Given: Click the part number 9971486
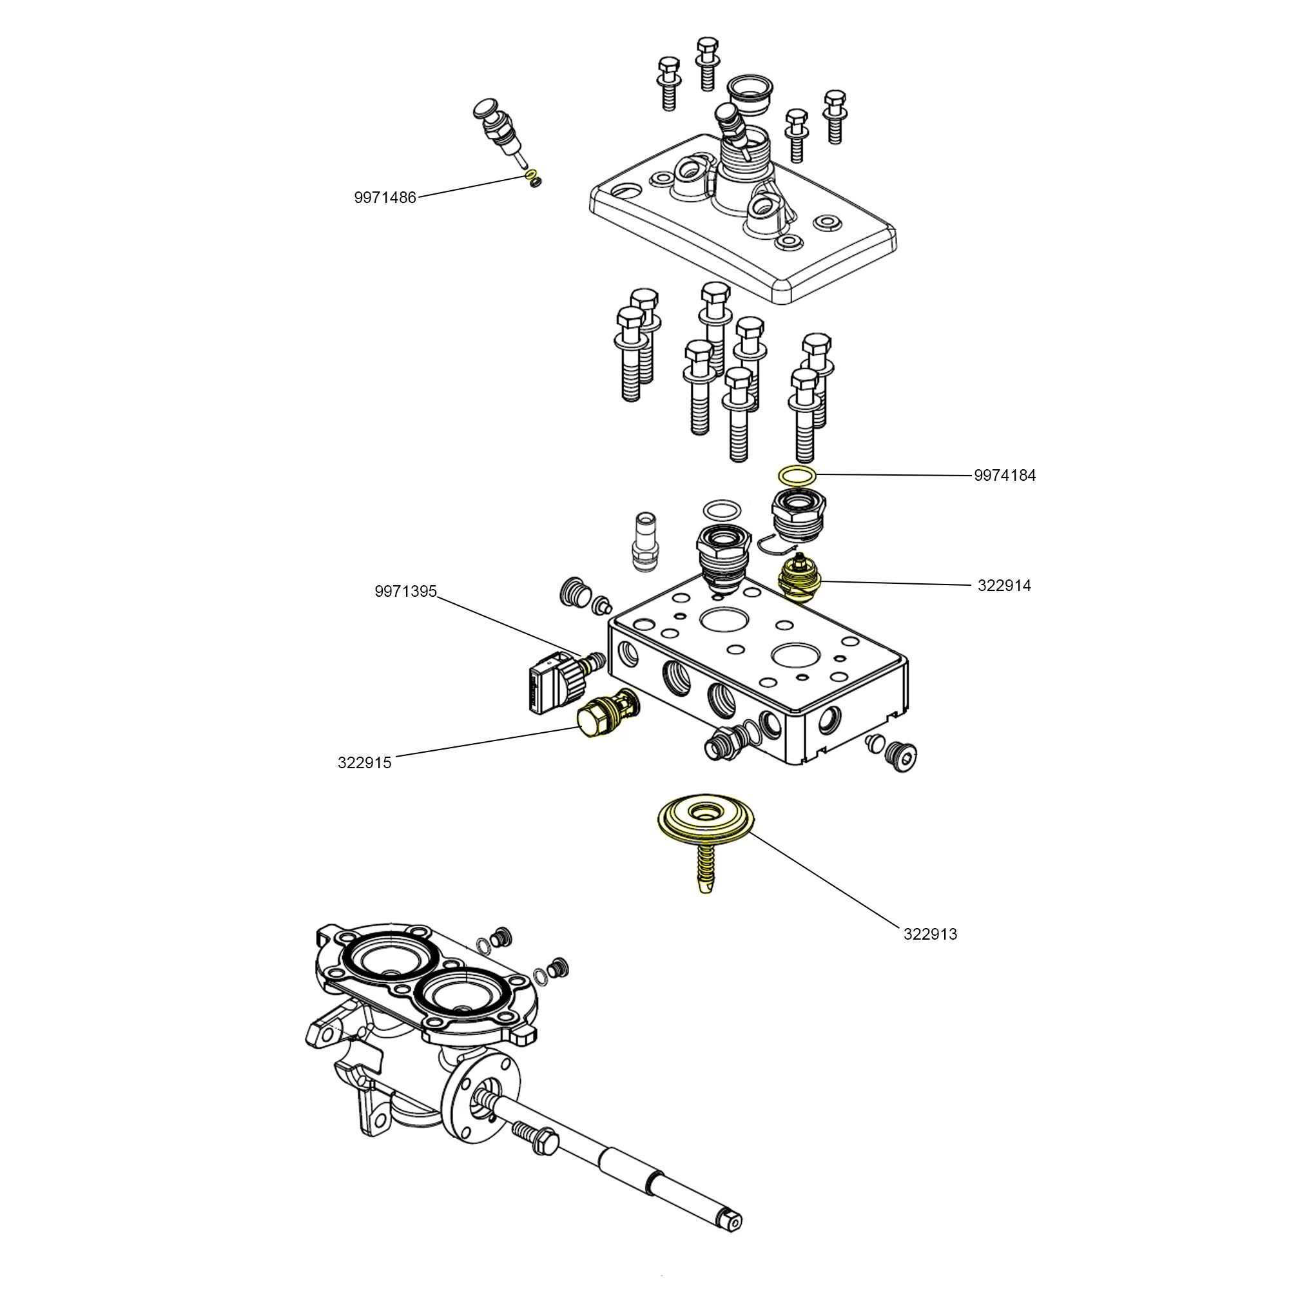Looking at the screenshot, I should coord(385,197).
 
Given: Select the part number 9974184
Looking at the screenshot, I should coord(1004,476).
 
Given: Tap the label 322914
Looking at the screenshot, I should coord(1003,586).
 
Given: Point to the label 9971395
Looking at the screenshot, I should coord(405,591).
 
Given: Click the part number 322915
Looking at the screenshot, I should coord(364,762).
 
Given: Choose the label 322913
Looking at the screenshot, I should coord(930,934).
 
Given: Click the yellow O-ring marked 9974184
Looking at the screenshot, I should coord(797,475).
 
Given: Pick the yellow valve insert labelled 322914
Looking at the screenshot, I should coord(800,580).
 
